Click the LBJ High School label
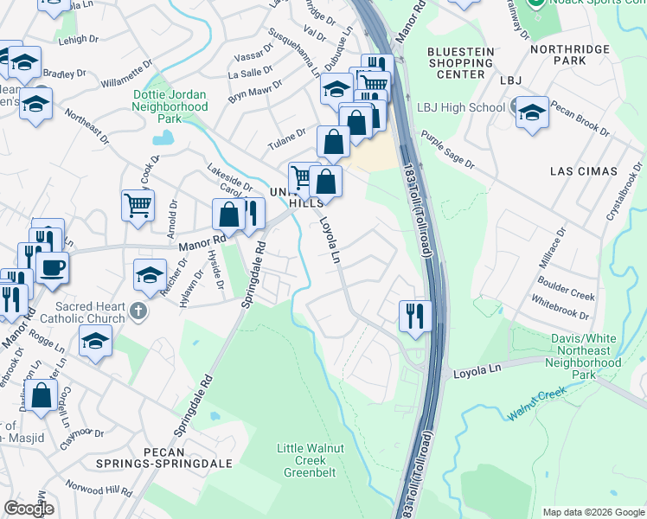point(460,107)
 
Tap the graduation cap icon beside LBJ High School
point(532,113)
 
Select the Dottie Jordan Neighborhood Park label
point(170,106)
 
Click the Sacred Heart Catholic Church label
point(89,312)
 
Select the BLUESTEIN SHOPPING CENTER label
point(461,63)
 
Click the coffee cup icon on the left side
point(52,267)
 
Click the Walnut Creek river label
point(536,405)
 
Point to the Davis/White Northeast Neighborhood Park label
point(585,356)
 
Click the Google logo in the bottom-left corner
point(29,509)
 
